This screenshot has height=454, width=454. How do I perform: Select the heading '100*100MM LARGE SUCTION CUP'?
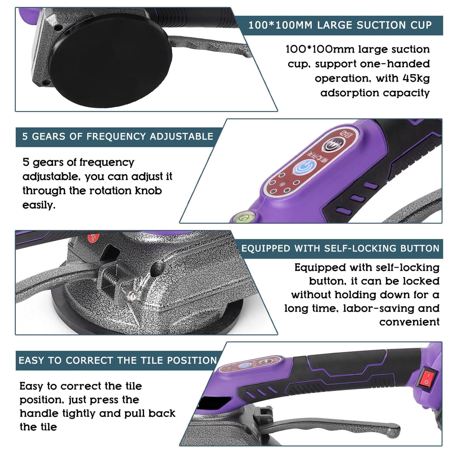340,25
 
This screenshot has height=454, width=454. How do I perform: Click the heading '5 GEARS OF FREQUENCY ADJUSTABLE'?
118,137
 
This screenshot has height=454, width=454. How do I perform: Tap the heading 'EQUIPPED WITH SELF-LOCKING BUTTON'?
340,249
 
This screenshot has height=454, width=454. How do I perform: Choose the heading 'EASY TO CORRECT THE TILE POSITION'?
118,360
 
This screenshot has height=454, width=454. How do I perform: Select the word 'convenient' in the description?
409,322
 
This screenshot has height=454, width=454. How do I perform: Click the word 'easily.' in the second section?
39,205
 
